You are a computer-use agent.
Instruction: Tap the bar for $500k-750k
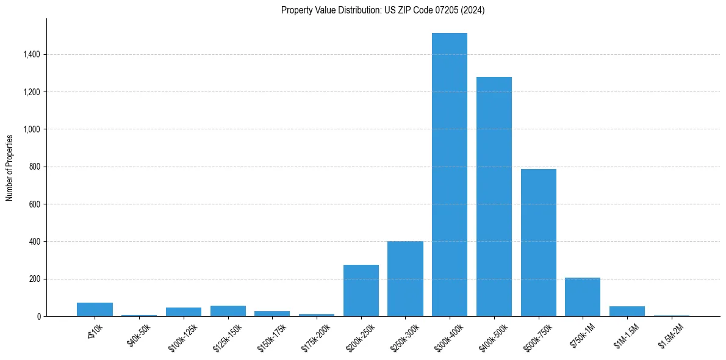[x=539, y=244]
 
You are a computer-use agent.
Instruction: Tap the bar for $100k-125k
[x=184, y=312]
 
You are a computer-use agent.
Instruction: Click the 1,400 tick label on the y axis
[x=32, y=55]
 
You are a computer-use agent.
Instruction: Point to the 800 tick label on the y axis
[x=35, y=167]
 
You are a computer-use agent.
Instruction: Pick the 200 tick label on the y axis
[x=35, y=279]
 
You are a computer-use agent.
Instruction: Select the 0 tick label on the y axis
[x=38, y=317]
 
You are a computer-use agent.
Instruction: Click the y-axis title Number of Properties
[x=10, y=168]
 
